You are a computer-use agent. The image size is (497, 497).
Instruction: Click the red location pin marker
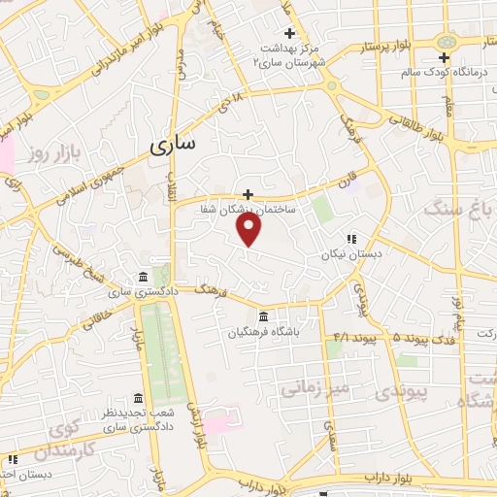pyautogui.click(x=250, y=228)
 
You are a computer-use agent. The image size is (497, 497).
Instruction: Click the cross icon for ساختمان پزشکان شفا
pyautogui.click(x=248, y=194)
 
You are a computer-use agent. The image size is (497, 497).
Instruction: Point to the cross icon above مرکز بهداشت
pyautogui.click(x=288, y=34)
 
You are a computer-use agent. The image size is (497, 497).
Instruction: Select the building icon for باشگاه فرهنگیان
pyautogui.click(x=264, y=317)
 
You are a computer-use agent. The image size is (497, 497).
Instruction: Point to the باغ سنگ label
pyautogui.click(x=461, y=207)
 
